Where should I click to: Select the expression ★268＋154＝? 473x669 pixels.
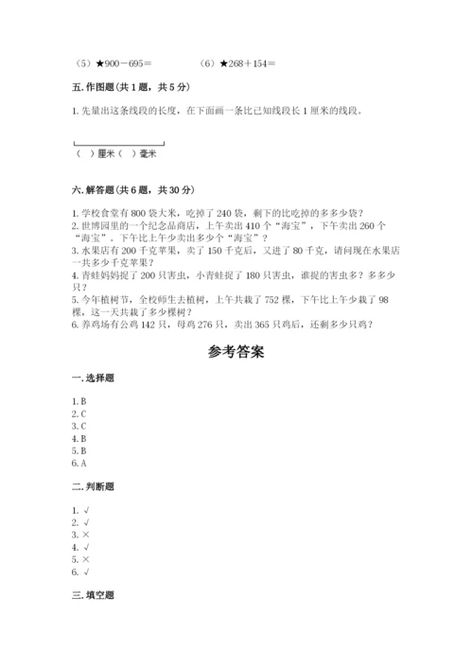coord(235,63)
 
